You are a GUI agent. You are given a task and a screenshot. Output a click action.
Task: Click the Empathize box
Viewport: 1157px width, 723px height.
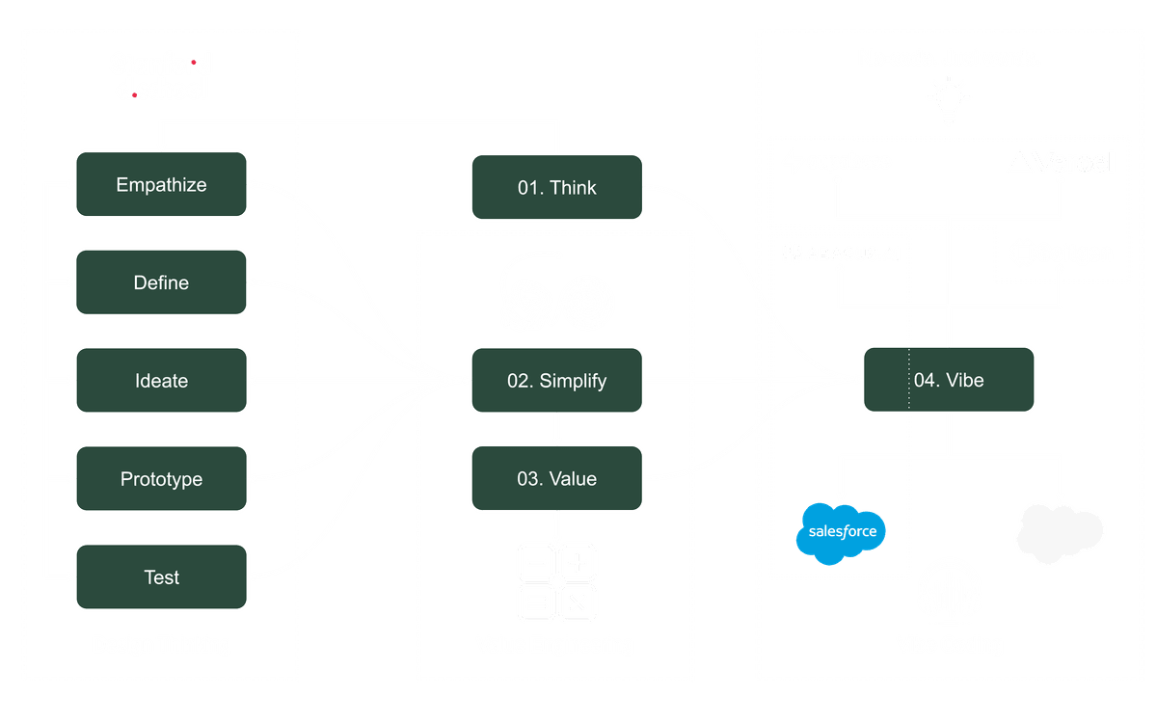click(161, 184)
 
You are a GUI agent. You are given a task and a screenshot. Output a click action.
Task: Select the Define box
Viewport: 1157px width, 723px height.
click(161, 282)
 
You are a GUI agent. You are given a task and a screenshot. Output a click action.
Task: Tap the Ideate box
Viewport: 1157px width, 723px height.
click(161, 381)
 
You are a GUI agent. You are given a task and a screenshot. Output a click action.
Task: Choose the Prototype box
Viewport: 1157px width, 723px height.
click(161, 479)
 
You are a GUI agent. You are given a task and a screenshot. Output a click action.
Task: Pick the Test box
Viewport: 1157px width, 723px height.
click(161, 577)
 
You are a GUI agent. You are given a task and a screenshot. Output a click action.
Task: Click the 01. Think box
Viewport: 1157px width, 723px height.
click(556, 187)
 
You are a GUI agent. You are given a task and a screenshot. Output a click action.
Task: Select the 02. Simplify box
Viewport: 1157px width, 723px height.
click(556, 381)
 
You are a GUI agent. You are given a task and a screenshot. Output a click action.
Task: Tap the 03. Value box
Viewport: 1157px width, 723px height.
click(556, 479)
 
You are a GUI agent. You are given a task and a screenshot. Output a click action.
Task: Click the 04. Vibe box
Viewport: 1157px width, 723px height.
click(949, 381)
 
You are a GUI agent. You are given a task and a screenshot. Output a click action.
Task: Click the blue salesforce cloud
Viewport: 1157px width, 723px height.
click(841, 531)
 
